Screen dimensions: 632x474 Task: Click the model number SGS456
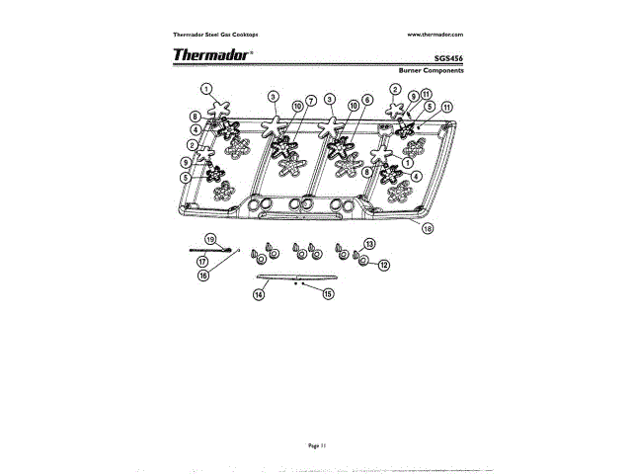[x=447, y=57]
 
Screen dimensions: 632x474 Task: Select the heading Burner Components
[x=431, y=72]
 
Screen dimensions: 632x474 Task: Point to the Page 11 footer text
[x=316, y=446]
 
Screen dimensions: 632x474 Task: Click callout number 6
[x=366, y=101]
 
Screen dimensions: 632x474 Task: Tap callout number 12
[x=384, y=265]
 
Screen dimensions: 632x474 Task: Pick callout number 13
[x=369, y=243]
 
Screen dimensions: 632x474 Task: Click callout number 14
[x=258, y=293]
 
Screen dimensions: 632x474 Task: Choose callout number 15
[x=328, y=293]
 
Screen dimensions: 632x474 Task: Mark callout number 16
[x=203, y=276]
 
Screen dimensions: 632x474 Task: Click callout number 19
[x=210, y=239]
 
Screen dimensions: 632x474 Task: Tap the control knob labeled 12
[x=363, y=260]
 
